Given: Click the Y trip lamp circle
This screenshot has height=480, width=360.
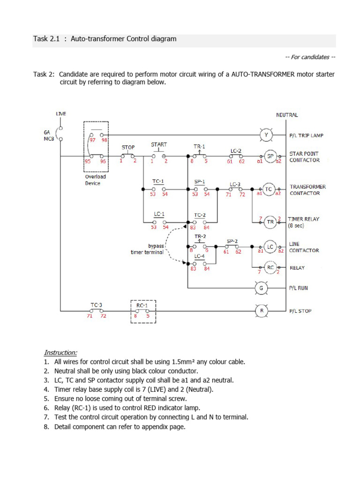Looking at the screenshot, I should [x=266, y=135].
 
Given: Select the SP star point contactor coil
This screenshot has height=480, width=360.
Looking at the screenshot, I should [x=270, y=157].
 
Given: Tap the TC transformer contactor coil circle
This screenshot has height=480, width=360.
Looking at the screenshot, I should [x=269, y=189].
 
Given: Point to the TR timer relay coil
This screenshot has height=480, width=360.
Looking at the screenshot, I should [x=270, y=222].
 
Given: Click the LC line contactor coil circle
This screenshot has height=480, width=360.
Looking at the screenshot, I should [x=270, y=247].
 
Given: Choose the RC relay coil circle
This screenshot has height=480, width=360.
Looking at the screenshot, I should [x=270, y=267].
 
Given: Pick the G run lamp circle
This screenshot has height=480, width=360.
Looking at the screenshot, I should [x=261, y=288].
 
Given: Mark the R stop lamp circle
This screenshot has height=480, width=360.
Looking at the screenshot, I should [x=261, y=310].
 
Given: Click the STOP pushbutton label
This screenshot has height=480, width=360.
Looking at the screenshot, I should [x=128, y=147].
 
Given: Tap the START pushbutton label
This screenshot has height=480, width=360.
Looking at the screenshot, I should [x=159, y=145].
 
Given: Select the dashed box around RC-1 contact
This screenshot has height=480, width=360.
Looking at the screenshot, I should [x=142, y=312].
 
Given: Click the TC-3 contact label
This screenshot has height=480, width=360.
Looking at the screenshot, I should [x=97, y=304].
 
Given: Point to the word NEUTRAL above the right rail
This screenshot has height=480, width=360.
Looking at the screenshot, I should [x=287, y=115].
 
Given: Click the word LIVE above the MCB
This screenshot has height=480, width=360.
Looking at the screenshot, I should [x=61, y=114].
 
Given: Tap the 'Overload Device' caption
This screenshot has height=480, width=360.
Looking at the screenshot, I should [x=95, y=180].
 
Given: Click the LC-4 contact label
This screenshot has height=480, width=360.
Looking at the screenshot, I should [x=199, y=256].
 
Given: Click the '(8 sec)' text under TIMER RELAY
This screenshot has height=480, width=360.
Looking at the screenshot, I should [x=296, y=225].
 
